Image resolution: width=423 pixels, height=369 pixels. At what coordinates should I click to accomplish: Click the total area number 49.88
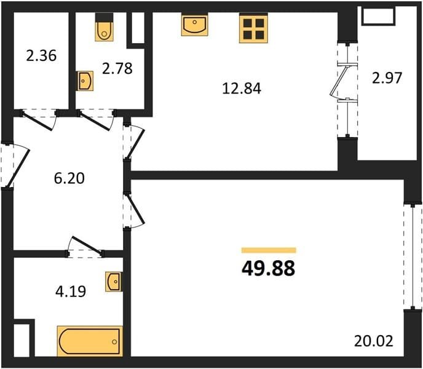click(x=269, y=269)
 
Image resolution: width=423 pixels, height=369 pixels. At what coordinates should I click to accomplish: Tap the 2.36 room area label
click(x=41, y=55)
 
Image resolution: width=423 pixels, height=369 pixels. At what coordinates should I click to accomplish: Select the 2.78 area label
click(x=117, y=68)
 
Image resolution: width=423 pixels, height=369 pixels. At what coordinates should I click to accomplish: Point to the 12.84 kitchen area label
click(x=242, y=89)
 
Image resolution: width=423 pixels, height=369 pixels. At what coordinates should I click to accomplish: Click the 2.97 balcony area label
click(x=387, y=77)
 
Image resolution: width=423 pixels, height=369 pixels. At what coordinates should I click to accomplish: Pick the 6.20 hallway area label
click(x=69, y=178)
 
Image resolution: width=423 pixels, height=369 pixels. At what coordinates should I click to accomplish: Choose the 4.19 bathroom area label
click(x=71, y=292)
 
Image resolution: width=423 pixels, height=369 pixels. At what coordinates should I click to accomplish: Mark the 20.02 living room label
click(x=374, y=341)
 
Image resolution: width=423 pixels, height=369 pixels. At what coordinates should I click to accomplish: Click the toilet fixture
click(x=104, y=27)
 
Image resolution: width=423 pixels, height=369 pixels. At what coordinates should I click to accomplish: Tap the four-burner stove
click(x=253, y=28)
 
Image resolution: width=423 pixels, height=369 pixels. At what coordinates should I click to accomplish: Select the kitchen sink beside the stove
click(x=195, y=25)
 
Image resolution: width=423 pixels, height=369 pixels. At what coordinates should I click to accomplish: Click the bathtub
click(x=90, y=341)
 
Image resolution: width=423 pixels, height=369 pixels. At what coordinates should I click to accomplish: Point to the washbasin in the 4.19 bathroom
click(x=113, y=282)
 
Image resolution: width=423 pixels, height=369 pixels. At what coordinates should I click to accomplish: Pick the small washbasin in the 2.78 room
click(x=85, y=81)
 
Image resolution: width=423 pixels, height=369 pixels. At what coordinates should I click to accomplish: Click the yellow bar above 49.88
click(x=269, y=250)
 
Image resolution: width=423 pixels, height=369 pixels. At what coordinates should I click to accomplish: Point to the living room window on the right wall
click(x=413, y=257)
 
